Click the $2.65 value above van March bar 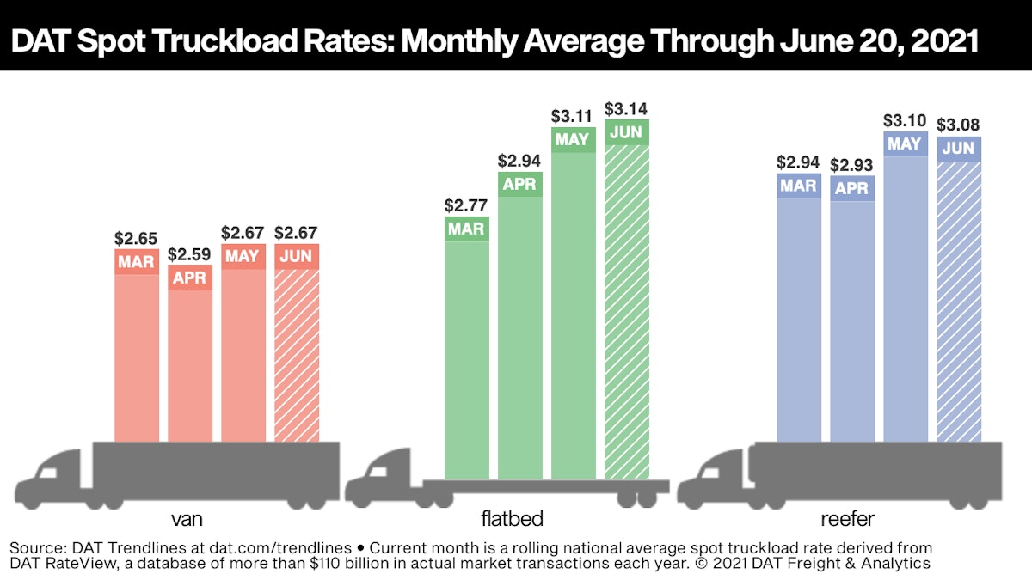[136, 236]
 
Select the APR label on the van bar [189, 278]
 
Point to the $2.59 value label [189, 254]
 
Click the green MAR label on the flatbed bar [466, 229]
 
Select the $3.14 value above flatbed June [626, 109]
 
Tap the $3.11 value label [573, 115]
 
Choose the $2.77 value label [466, 206]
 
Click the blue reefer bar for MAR [798, 318]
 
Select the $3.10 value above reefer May [905, 121]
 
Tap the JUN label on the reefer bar [958, 149]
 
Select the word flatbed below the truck [513, 519]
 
